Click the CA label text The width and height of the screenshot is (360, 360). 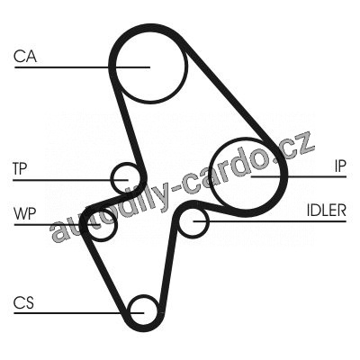click(25, 56)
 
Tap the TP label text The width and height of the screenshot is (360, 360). click(20, 168)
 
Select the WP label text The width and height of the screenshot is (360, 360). click(25, 213)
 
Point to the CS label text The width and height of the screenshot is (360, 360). click(23, 302)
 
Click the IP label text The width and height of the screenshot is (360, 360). click(340, 166)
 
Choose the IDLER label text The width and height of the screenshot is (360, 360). click(326, 211)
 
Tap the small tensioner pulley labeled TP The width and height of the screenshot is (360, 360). click(112, 179)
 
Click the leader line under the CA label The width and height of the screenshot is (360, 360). click(82, 67)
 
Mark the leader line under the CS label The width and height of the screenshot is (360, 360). click(79, 313)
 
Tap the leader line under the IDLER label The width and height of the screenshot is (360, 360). click(269, 221)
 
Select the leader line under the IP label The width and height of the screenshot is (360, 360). click(299, 176)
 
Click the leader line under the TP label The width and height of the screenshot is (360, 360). click(70, 180)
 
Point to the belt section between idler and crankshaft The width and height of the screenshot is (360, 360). click(168, 264)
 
